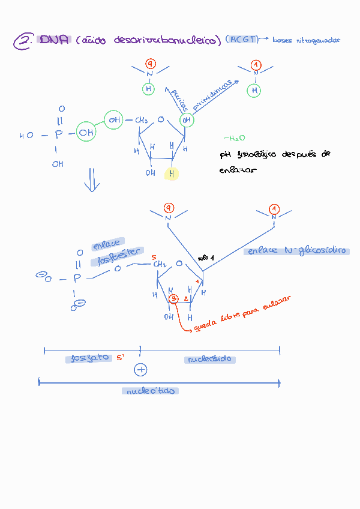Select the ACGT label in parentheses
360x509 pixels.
tap(243, 40)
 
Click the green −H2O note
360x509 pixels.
tap(234, 138)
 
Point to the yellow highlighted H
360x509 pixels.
tap(172, 173)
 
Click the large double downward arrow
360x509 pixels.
tap(91, 180)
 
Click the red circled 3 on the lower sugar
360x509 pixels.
tap(173, 299)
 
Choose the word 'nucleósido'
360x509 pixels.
tap(209, 360)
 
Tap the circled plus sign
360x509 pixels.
tap(140, 370)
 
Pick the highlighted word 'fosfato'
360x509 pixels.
tap(90, 358)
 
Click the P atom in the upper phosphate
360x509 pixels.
tap(58, 136)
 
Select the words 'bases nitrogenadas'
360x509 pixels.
tap(306, 40)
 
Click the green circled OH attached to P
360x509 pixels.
tap(87, 132)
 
